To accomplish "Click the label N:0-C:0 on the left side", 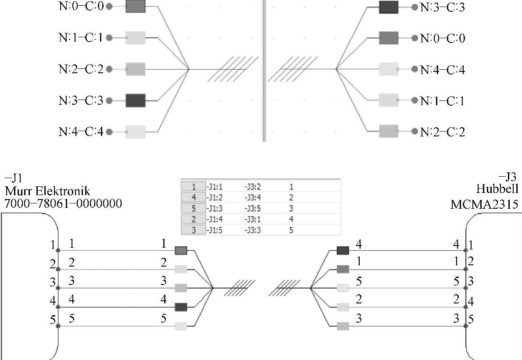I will [x=81, y=7].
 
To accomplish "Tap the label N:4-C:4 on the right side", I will [x=442, y=69].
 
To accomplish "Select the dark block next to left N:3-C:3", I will [x=135, y=100].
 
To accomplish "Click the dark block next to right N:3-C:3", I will [x=388, y=7].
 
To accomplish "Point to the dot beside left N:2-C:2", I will [x=109, y=69].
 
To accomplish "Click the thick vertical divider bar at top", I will [x=264, y=70].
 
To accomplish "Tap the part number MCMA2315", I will [x=484, y=204].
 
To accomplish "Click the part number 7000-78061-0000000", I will [x=63, y=203].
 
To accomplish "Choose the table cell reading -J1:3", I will [x=215, y=208].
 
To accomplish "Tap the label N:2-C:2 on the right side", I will [x=442, y=132].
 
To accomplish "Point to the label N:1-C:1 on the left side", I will [x=81, y=38].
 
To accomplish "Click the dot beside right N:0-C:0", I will [x=414, y=38].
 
